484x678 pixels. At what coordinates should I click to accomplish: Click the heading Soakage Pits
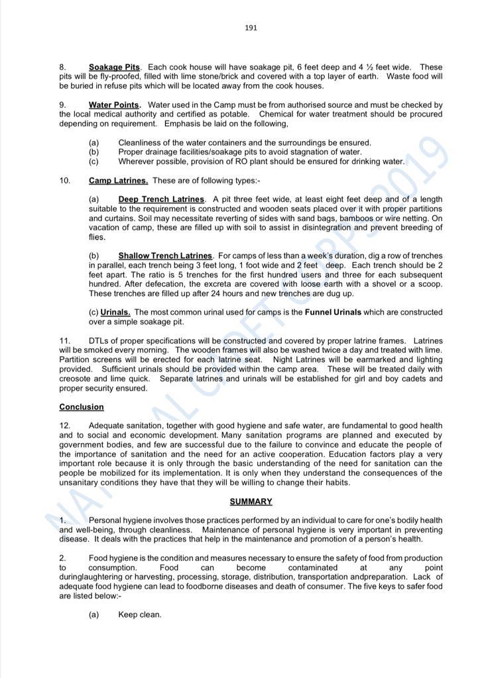(114, 68)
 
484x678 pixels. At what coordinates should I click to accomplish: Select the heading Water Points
(115, 105)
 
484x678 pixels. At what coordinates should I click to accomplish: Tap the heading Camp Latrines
(118, 181)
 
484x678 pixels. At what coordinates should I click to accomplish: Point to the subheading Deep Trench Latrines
(162, 199)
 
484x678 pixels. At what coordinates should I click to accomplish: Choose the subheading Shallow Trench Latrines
(165, 256)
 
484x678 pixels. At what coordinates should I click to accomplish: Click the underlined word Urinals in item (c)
(115, 312)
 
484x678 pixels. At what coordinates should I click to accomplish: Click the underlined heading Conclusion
(82, 407)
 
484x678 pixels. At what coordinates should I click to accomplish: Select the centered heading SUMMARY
(251, 502)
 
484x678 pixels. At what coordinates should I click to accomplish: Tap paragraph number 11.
(65, 341)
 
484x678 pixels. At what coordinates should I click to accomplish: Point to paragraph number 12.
(65, 426)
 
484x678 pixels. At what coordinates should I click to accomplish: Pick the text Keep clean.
(139, 614)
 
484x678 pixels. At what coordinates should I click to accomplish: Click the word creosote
(76, 379)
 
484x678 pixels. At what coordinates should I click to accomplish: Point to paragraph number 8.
(62, 68)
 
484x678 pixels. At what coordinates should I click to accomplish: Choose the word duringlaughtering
(93, 577)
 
